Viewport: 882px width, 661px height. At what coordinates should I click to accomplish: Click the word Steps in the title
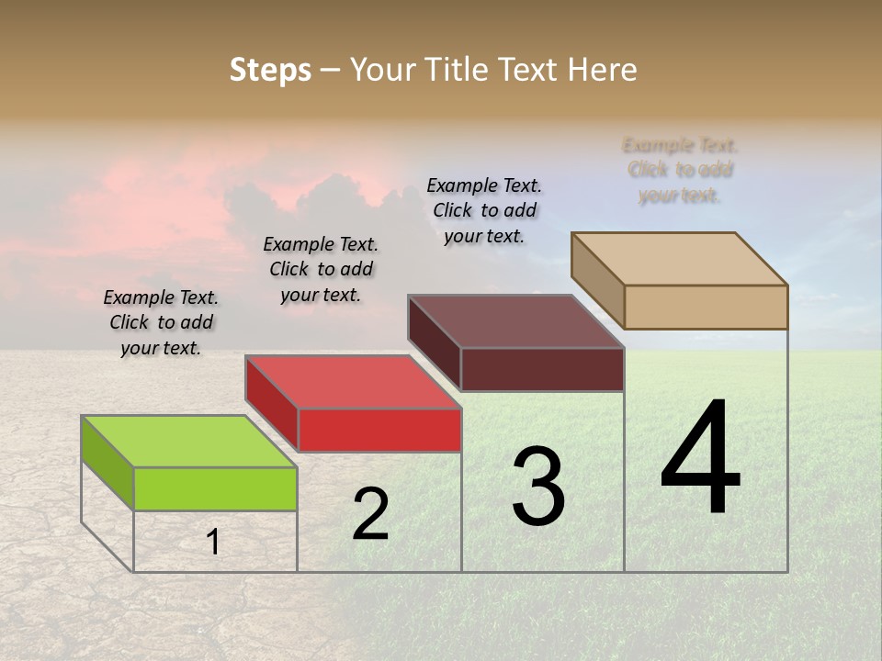270,70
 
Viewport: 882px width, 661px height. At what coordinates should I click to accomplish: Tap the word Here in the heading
602,70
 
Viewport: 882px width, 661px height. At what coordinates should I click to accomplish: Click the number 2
370,514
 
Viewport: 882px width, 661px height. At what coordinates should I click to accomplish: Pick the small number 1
213,543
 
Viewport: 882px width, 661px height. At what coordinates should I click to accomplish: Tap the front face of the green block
215,488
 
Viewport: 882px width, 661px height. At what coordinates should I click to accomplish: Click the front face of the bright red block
379,430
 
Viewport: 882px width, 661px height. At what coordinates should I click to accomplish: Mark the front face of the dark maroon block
542,369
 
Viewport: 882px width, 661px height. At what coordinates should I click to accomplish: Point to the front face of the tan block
706,307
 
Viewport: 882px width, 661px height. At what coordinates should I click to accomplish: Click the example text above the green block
161,323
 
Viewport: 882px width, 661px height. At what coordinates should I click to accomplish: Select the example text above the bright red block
321,270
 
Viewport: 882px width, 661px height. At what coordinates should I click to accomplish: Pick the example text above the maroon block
484,210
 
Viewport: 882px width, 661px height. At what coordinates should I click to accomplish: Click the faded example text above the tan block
680,170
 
